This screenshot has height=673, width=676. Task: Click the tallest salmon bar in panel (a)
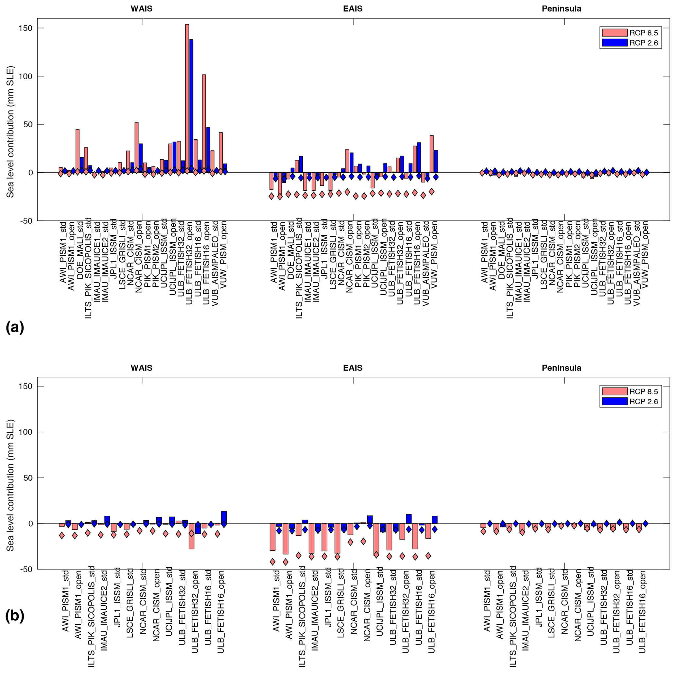187,98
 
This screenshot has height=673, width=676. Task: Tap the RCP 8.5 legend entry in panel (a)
630,33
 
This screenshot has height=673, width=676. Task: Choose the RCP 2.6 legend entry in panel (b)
630,401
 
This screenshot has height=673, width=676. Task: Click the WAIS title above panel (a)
141,9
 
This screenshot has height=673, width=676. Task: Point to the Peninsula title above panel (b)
561,368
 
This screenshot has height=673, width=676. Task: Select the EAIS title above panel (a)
352,9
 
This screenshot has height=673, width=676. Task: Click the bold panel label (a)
15,327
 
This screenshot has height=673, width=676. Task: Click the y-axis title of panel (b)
10,486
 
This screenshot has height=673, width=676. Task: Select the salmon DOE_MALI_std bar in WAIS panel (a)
77,151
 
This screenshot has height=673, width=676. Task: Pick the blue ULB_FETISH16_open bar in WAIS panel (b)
224,517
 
